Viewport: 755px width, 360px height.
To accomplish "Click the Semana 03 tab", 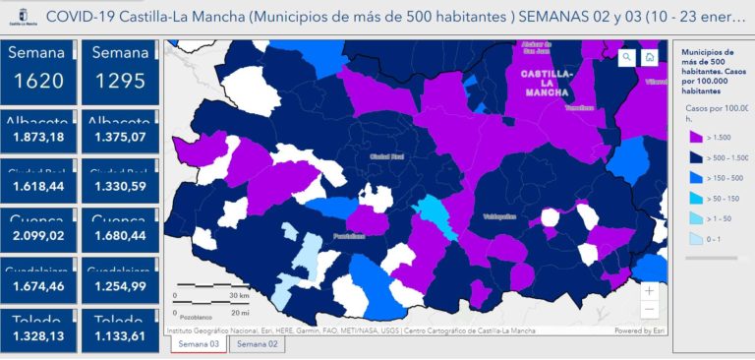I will click(x=200, y=344).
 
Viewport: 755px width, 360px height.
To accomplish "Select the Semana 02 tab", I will click(x=257, y=344).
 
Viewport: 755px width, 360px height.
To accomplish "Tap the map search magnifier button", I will click(x=626, y=57).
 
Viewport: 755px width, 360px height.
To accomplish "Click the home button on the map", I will click(x=650, y=57).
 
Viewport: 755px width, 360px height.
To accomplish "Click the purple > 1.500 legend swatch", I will click(x=695, y=137).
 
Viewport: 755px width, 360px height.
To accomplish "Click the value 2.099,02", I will click(x=40, y=236).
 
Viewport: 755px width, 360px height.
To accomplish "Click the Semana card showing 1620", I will click(x=40, y=69).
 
